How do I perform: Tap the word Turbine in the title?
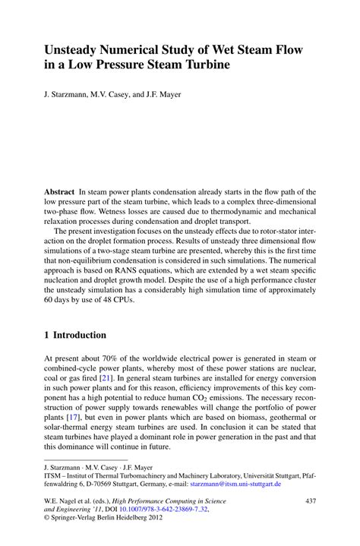[205, 66]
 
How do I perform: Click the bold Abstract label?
[61, 193]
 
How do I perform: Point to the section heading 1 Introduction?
[75, 334]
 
